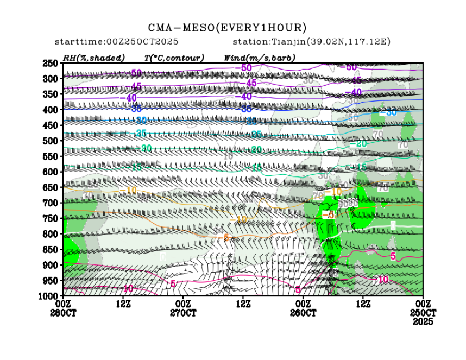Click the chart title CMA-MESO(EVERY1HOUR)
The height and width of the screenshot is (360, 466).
point(227,28)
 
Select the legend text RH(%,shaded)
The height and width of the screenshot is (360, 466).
point(93,58)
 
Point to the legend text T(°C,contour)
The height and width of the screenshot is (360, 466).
point(174,58)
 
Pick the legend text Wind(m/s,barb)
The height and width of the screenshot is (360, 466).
point(260,58)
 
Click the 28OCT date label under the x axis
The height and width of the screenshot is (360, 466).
point(64,313)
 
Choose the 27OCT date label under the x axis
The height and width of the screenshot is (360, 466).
point(183,313)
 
